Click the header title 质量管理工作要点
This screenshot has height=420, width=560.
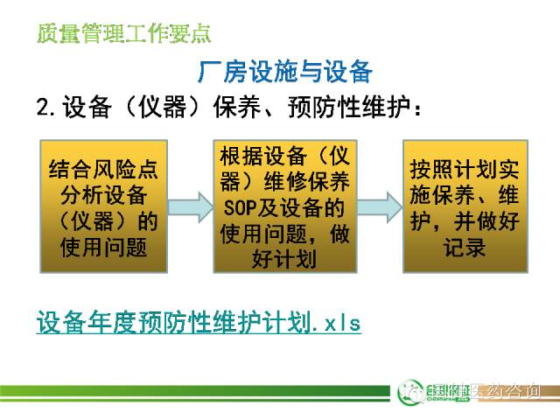point(124,34)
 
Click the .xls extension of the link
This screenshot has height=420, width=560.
point(338,323)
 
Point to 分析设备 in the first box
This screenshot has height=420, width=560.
point(104,194)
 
